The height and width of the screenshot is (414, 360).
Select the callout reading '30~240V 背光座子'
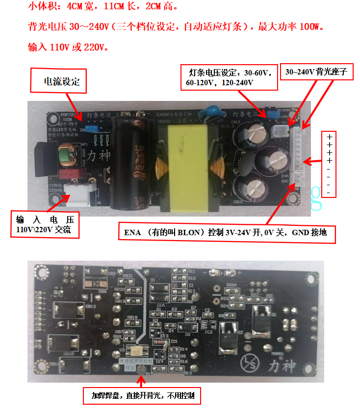point(316,72)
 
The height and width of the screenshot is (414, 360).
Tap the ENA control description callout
point(227,232)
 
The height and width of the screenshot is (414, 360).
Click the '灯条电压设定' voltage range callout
point(228,77)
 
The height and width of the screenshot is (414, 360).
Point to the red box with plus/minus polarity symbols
point(329,164)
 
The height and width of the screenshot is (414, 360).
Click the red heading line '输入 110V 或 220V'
point(69,48)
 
